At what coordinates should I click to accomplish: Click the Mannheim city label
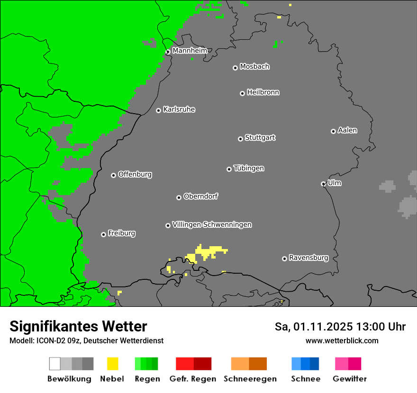tap(190, 50)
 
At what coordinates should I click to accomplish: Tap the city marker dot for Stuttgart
tap(240, 139)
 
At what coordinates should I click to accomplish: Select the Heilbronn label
tap(263, 92)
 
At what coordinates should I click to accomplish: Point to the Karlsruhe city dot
tap(159, 110)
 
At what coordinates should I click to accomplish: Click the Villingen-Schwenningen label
tap(212, 224)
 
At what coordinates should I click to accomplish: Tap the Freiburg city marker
tap(103, 234)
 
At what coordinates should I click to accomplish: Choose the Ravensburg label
tap(308, 258)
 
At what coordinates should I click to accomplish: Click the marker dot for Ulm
tap(323, 184)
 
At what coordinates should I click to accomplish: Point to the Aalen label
tap(347, 130)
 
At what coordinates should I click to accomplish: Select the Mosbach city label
tap(254, 67)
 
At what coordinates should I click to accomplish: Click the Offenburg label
tap(135, 174)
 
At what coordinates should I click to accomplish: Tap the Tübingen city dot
tap(229, 169)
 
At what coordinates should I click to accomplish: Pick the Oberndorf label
tap(201, 196)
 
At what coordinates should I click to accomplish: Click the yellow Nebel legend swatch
tap(112, 364)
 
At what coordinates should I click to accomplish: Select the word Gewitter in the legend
tap(350, 379)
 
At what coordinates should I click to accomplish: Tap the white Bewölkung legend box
tap(54, 364)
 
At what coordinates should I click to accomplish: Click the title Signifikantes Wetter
tap(78, 326)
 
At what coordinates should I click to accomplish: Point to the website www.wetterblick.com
tap(342, 340)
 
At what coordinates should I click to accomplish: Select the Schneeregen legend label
tap(250, 379)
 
